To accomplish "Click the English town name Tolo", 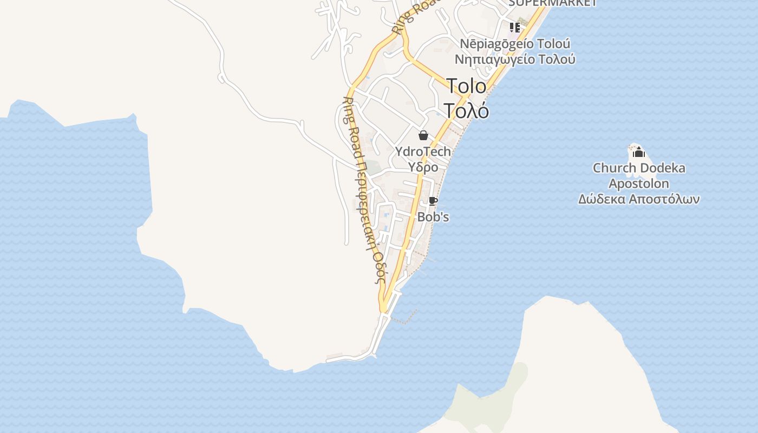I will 466,86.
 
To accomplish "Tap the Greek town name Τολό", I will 466,110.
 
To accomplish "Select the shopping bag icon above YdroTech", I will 423,135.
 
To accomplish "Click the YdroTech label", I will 423,152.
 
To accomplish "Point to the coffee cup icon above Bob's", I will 433,201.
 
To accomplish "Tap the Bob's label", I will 433,217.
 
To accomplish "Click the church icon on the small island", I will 639,152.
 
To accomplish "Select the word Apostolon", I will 639,183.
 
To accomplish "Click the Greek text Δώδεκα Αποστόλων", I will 639,199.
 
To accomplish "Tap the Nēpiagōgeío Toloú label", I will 515,43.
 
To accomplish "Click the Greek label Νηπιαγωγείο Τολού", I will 515,59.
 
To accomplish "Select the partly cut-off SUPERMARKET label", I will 552,3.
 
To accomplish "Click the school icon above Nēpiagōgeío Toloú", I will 514,27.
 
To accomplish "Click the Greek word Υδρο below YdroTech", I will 423,167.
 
